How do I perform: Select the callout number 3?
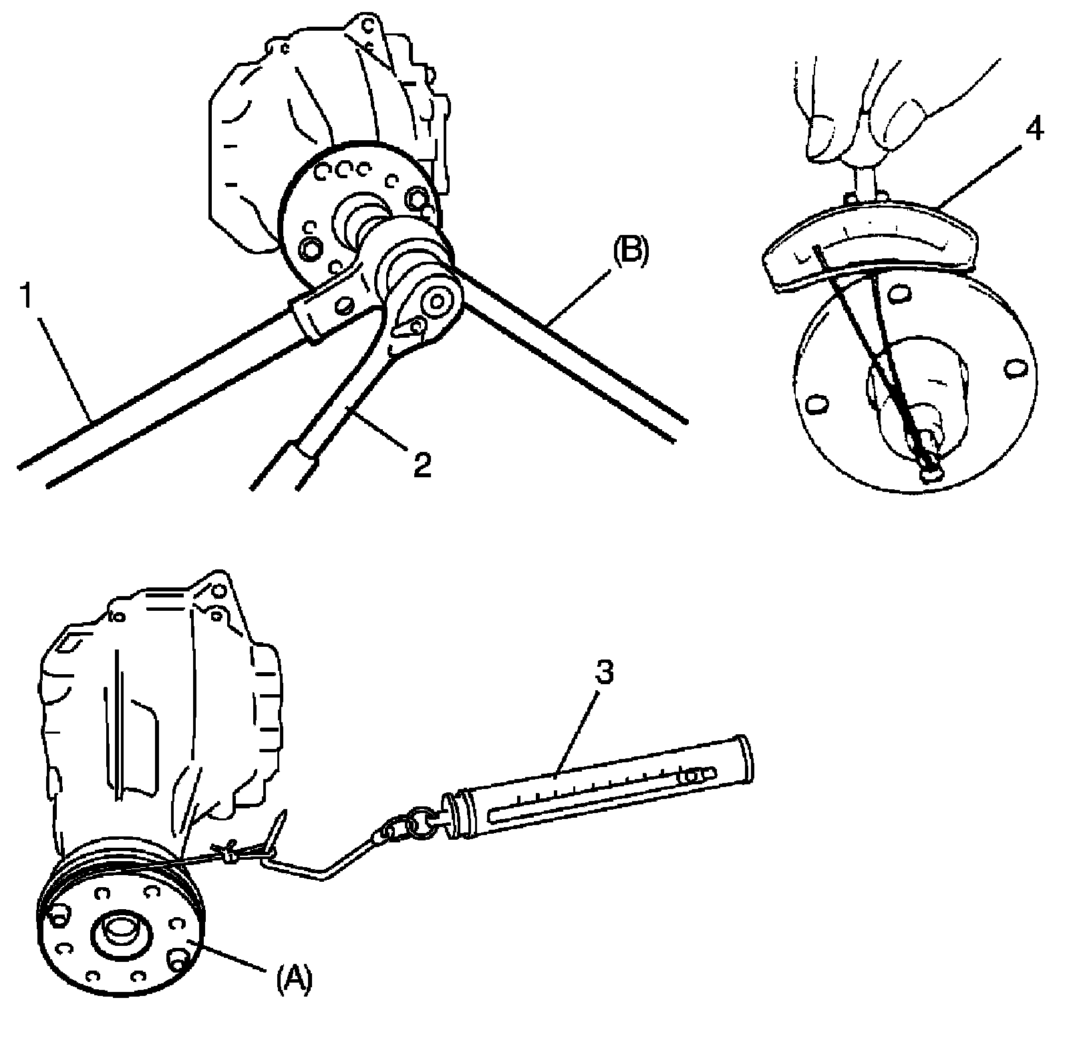pos(603,673)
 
